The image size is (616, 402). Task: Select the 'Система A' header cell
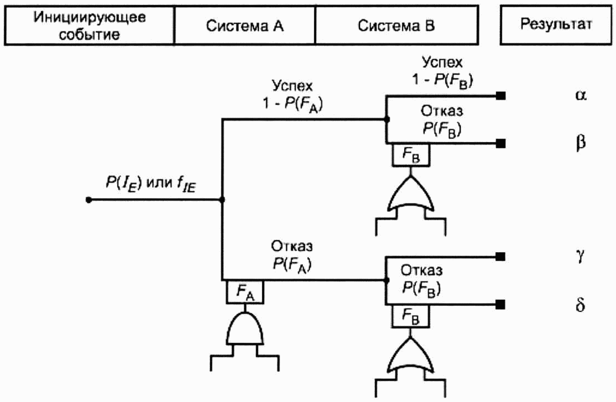pos(244,26)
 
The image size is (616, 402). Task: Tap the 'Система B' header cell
pos(396,26)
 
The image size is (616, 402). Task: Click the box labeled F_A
pos(244,291)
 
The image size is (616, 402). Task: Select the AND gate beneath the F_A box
pos(244,329)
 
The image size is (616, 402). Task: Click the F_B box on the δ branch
pos(411,316)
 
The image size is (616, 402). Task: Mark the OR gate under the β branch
pos(411,193)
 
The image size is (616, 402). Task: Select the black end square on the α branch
pos(501,96)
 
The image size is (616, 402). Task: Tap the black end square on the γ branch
pos(501,257)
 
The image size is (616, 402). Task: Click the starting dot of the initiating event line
pos(88,200)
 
